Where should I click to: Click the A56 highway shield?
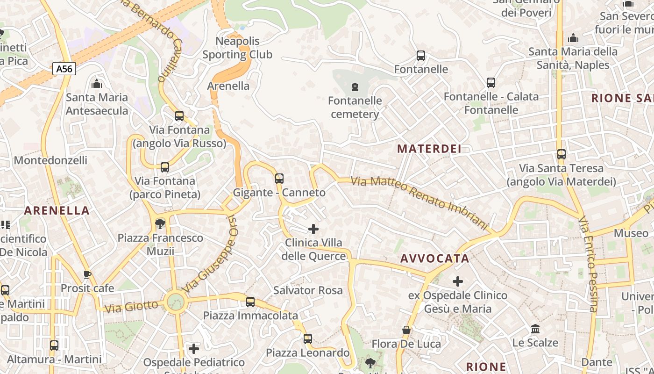point(64,69)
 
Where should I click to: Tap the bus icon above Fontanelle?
point(421,56)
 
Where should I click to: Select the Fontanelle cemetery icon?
point(355,87)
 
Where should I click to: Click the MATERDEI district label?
point(429,149)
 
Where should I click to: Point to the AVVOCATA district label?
point(435,259)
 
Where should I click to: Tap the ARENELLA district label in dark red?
point(57,211)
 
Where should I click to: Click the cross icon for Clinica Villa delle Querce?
point(313,229)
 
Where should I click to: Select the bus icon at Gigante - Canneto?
point(279,178)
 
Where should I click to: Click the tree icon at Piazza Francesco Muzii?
point(160,224)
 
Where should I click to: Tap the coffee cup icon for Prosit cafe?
point(87,274)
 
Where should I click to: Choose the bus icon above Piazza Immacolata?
point(250,302)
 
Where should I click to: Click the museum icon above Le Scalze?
point(535,329)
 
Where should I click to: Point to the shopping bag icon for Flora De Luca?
point(406,331)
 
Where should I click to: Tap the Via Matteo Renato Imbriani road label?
point(419,202)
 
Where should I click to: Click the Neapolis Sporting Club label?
point(237,48)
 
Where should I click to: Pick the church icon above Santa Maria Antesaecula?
point(97,84)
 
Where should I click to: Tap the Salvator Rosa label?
point(308,290)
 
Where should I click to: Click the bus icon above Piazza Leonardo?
point(308,339)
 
